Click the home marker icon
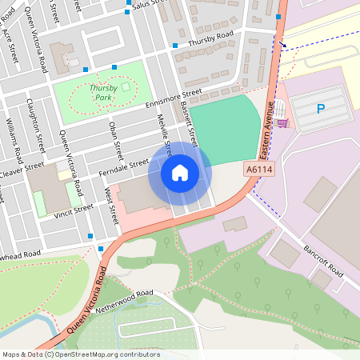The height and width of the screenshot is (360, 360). [x=180, y=172]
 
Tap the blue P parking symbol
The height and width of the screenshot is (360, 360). [x=321, y=109]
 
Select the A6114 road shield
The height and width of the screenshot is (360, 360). [x=258, y=170]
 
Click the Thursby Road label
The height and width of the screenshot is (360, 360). [x=210, y=38]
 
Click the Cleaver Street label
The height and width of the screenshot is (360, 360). [x=22, y=170]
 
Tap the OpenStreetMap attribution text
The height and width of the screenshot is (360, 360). [x=81, y=354]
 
